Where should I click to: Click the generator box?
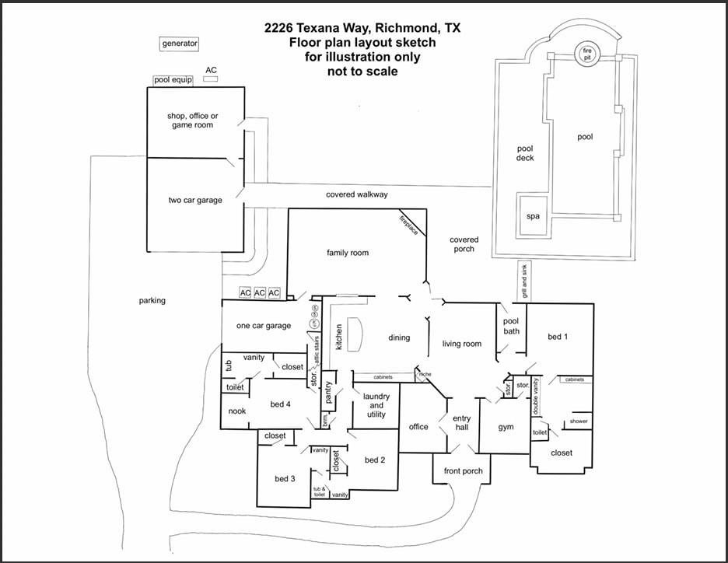click(x=180, y=44)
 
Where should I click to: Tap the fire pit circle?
click(x=587, y=54)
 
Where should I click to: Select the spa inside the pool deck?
click(x=534, y=216)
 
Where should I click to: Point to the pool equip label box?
click(x=173, y=79)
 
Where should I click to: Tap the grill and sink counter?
click(x=525, y=281)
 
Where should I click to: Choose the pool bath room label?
click(x=511, y=326)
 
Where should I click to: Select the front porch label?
click(x=464, y=470)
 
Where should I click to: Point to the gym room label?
click(x=506, y=427)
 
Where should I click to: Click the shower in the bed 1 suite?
click(x=579, y=421)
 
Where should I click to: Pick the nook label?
click(x=237, y=411)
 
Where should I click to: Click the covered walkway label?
click(x=356, y=194)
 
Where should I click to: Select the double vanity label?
click(x=536, y=404)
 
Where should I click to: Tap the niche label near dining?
click(x=424, y=374)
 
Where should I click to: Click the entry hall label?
click(x=462, y=424)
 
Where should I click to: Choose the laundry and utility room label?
click(x=376, y=405)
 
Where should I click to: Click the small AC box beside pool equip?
click(x=211, y=79)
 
